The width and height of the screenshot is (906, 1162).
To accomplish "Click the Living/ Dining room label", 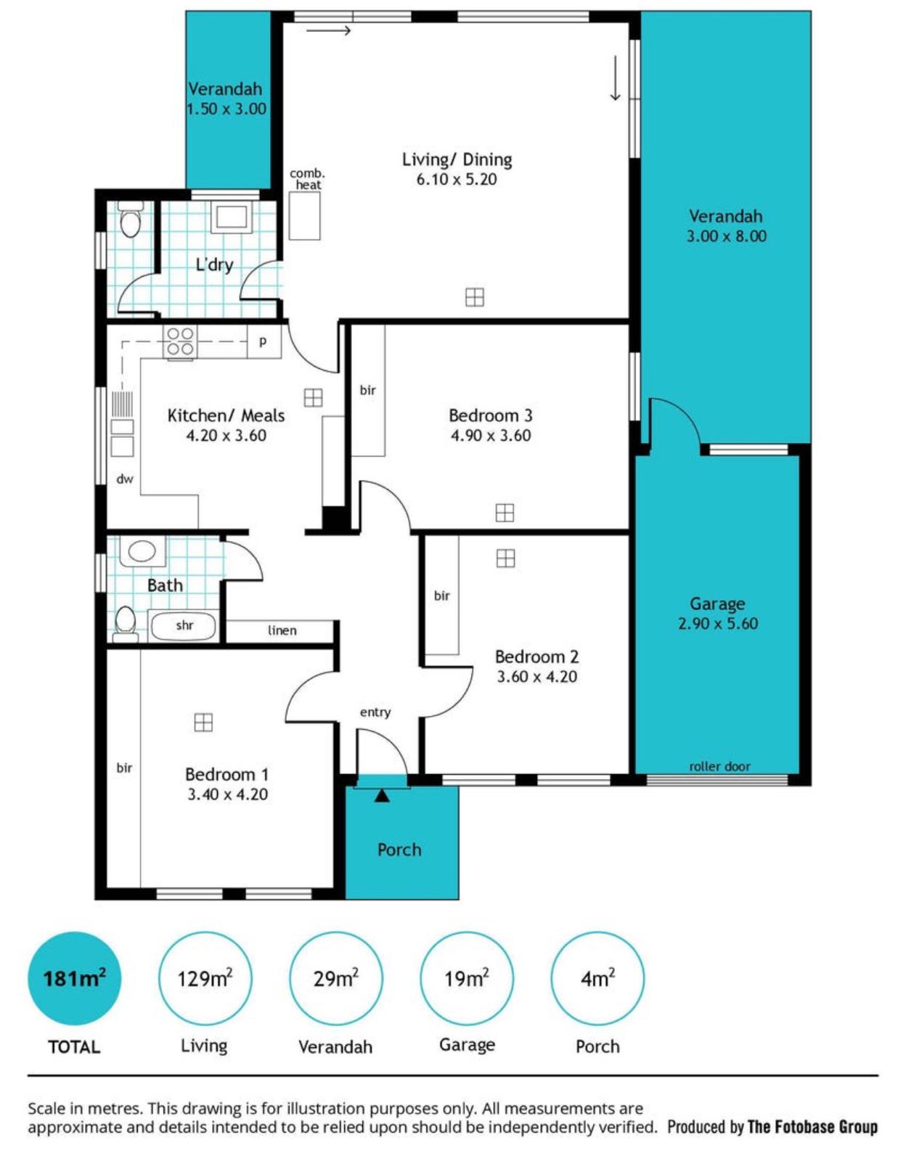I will pos(457,160).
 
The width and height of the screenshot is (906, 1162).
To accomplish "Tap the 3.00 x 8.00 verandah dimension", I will pos(726,236).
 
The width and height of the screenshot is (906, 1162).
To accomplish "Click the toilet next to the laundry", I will pos(131,222).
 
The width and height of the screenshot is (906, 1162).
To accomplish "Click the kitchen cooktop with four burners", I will pos(180,341).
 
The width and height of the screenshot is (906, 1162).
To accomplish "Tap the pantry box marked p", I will pos(264,341).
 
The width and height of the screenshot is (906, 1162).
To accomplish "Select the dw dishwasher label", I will pos(125,479).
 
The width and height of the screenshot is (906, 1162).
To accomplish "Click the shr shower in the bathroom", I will pos(184,625).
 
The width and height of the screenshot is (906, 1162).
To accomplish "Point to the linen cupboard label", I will pos(282,630).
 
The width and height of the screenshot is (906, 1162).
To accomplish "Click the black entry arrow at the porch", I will pos(382,796).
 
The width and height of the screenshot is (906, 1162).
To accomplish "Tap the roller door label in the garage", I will pos(719,766).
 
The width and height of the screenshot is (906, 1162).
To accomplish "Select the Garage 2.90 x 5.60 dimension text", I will pos(717,623).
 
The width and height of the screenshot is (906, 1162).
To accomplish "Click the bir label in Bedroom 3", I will pos(368,391).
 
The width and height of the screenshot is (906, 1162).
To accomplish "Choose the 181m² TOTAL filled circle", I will pos(74,978).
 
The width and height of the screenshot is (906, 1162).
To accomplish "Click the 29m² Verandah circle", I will pos(335,978).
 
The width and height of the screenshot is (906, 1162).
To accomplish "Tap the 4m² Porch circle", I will pos(597,978).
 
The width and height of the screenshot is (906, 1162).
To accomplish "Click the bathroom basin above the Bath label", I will pos(142,551).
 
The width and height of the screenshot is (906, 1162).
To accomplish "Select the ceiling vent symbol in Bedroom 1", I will pos(203,723).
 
